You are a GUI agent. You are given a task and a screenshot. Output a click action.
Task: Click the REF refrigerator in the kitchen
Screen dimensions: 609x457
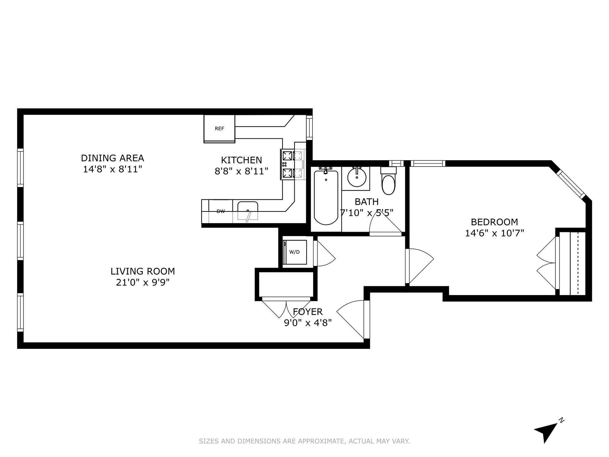[219, 129]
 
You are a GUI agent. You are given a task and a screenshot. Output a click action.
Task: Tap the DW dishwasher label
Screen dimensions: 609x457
[221, 211]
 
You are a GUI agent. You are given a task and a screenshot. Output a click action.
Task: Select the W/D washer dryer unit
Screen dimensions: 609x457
[295, 252]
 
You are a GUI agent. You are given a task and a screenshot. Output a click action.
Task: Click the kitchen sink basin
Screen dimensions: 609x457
[247, 210]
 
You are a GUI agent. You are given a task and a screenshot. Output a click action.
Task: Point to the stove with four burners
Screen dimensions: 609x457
[292, 164]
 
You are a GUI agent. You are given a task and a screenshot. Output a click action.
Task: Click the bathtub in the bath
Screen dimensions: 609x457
[326, 197]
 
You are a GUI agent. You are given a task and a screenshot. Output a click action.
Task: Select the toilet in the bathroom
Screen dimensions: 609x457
[389, 181]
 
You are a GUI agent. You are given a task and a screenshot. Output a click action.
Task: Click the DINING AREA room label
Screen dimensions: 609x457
[112, 158]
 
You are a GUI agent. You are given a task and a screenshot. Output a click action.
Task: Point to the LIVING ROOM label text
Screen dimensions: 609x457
[143, 271]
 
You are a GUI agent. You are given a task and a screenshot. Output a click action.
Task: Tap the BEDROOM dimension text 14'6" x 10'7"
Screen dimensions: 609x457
[494, 233]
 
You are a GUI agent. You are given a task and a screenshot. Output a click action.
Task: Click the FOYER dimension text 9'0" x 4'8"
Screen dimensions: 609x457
[308, 323]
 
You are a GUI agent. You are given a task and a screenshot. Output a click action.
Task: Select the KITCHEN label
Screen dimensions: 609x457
[241, 160]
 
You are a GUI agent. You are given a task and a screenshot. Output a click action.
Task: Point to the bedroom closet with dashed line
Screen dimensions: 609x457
[573, 263]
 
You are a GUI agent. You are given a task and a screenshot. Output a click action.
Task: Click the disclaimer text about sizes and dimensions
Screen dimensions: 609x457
[304, 441]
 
